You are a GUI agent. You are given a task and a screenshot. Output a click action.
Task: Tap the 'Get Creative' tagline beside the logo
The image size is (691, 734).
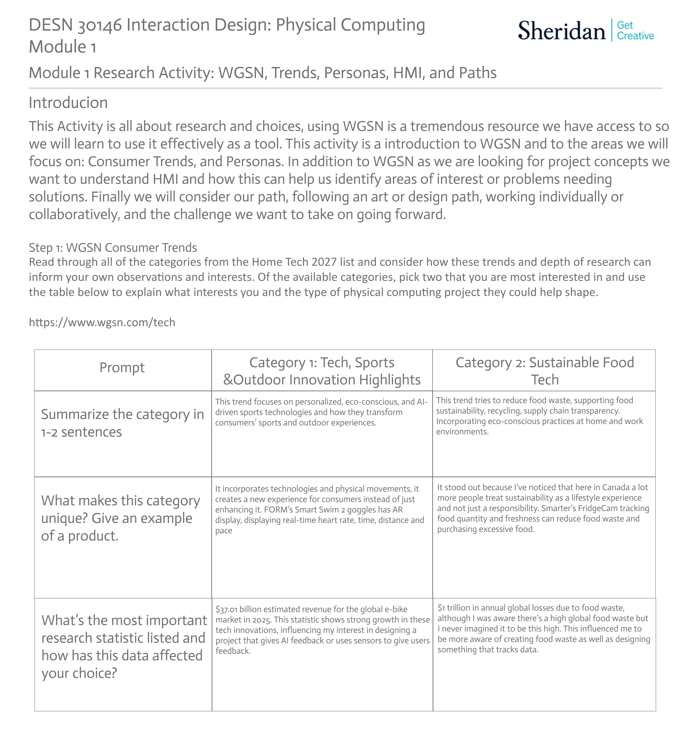pyautogui.click(x=635, y=31)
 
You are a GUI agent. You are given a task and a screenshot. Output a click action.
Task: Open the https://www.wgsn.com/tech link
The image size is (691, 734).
pyautogui.click(x=102, y=322)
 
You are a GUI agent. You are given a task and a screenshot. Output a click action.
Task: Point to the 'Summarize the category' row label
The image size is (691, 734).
pyautogui.click(x=122, y=423)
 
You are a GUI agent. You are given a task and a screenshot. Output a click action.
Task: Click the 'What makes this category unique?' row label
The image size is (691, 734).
pyautogui.click(x=120, y=518)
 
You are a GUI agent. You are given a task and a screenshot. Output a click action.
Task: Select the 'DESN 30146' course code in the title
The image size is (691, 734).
pyautogui.click(x=75, y=25)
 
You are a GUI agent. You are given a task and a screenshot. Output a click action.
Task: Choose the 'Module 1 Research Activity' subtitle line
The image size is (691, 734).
pyautogui.click(x=262, y=73)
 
